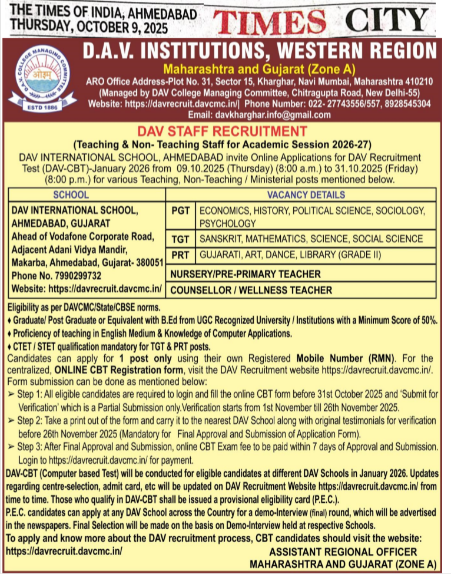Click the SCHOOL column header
tap(71, 195)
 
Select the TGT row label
tap(181, 239)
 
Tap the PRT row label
tap(181, 255)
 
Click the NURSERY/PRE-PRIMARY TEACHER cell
tap(246, 274)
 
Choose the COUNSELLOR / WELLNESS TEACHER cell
tap(251, 290)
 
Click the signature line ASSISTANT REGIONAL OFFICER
tap(343, 552)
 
